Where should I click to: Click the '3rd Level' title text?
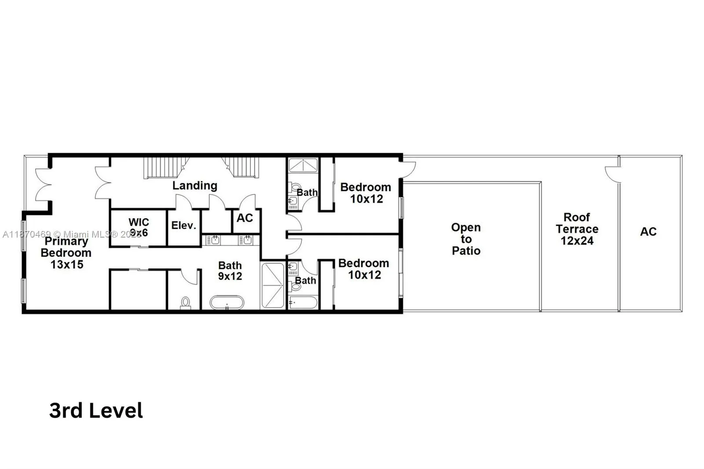pos(96,410)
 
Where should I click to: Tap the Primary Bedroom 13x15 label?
pos(66,253)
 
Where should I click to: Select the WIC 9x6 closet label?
pos(139,227)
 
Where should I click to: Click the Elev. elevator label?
pos(183,226)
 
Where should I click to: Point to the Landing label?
pos(194,186)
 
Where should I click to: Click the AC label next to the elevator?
pos(245,218)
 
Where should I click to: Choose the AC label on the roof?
pos(648,231)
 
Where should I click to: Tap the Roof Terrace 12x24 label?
pos(577,229)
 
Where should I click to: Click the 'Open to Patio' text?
pos(466,239)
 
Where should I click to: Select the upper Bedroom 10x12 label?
pos(366,193)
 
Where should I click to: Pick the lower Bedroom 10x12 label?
pos(364,269)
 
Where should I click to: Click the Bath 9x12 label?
pos(230,271)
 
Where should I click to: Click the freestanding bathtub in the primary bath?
pos(227,303)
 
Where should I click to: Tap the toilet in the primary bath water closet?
pos(186,303)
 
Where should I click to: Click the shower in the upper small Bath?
pos(303,165)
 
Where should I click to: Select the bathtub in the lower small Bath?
pos(303,303)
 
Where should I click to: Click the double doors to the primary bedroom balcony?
pos(43,185)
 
